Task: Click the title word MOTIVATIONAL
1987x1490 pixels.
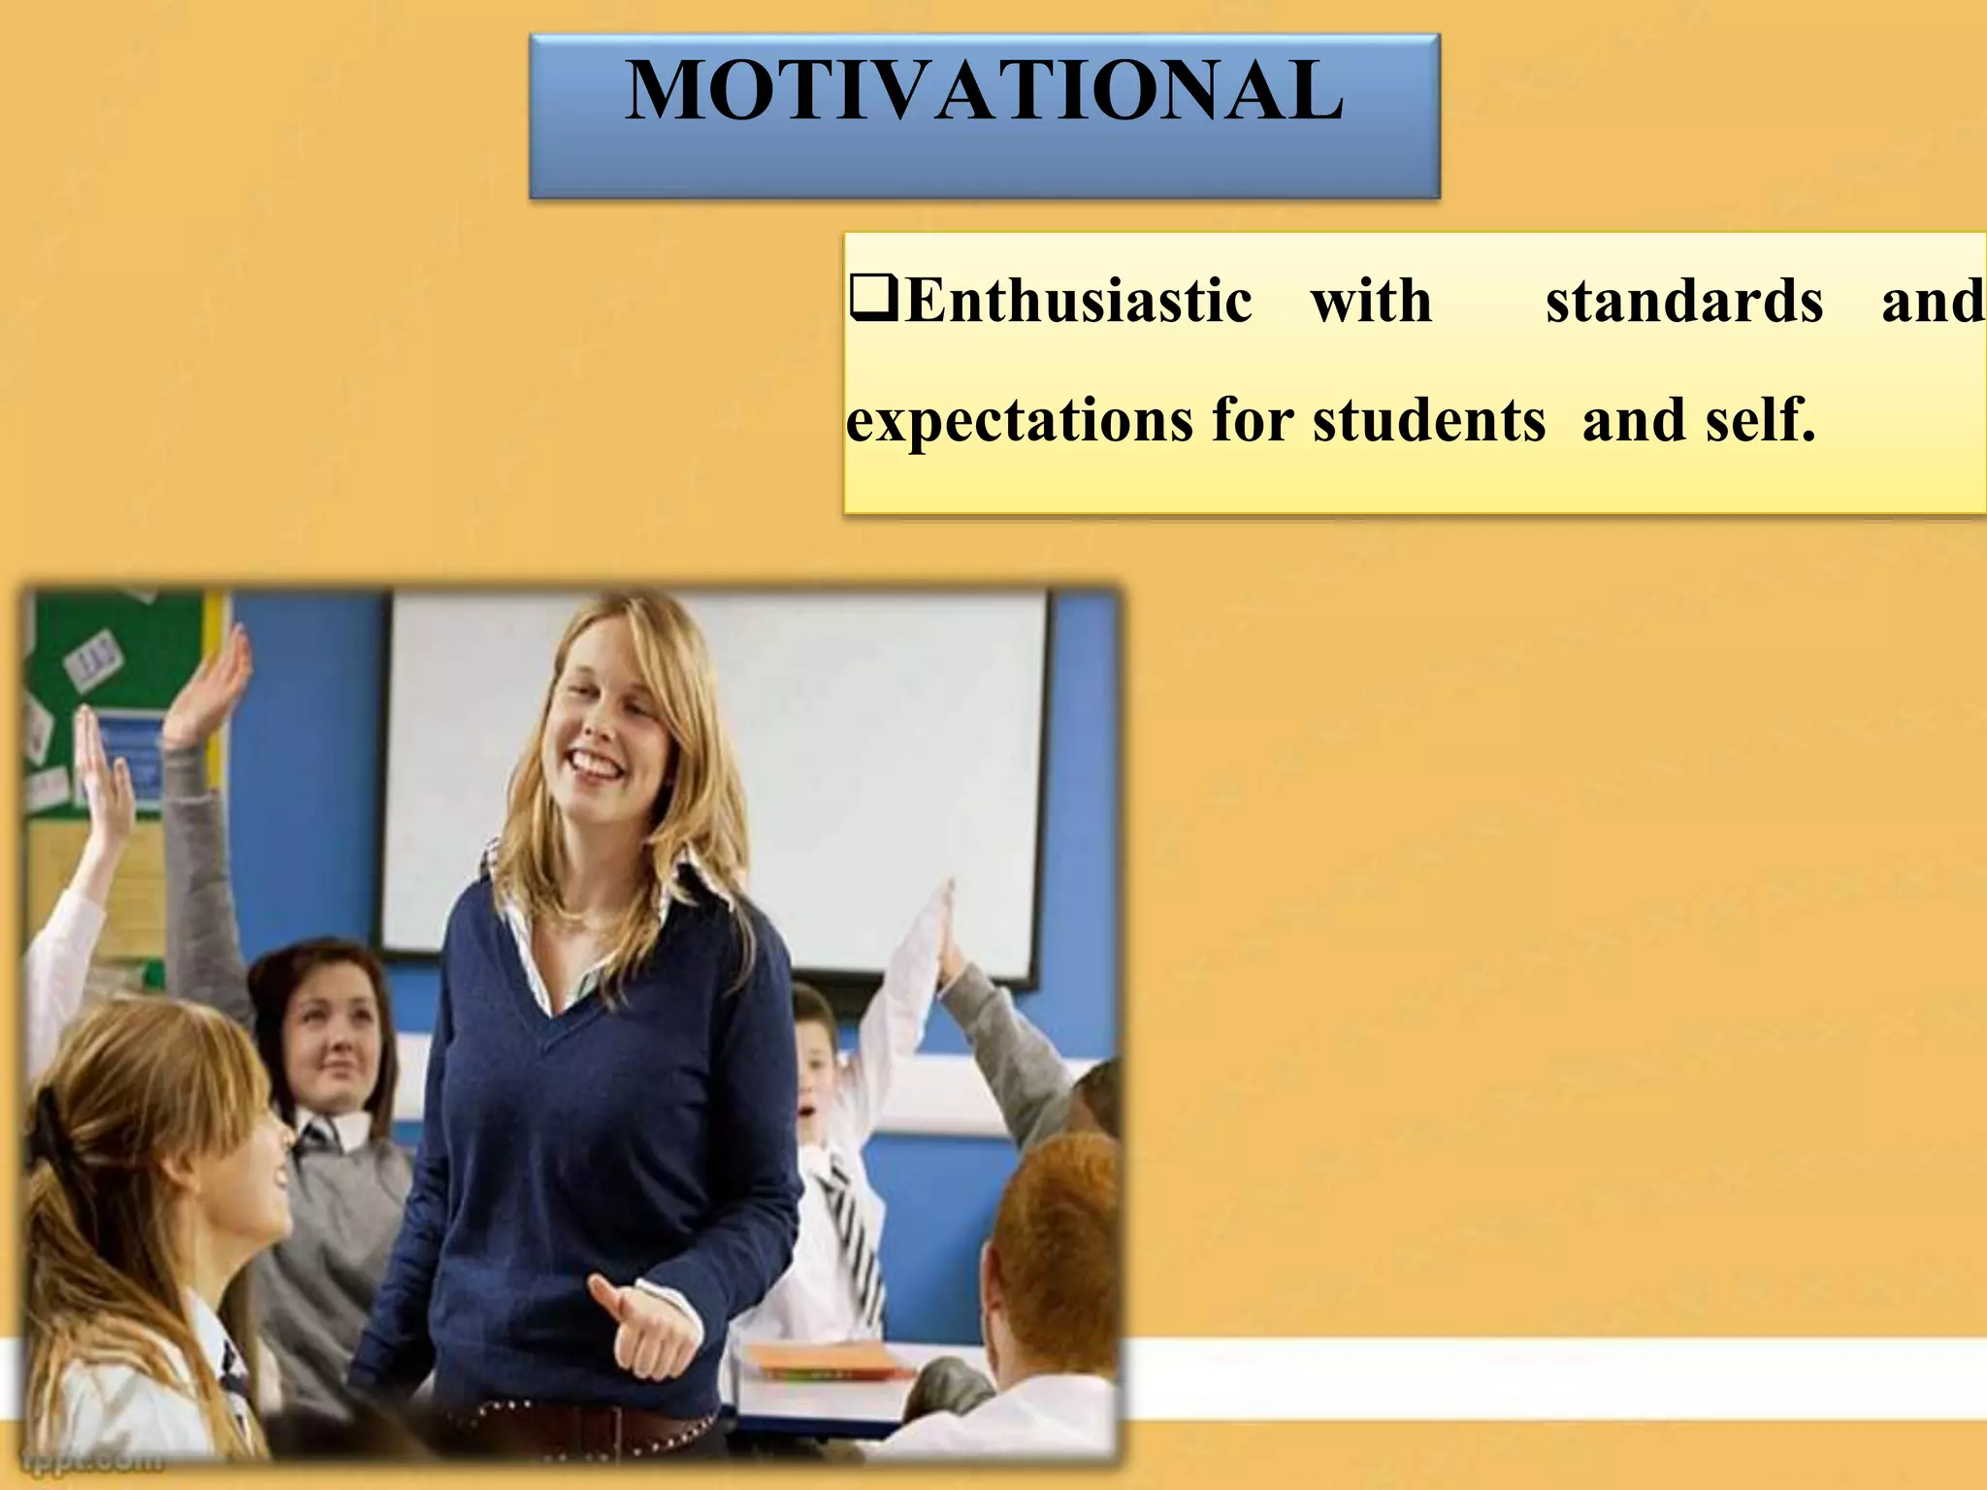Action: (984, 90)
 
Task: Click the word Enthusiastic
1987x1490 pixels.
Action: (1077, 301)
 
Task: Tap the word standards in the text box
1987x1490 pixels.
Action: (1683, 301)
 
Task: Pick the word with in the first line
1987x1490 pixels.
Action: (1371, 301)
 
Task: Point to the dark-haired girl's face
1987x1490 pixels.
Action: (335, 1043)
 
